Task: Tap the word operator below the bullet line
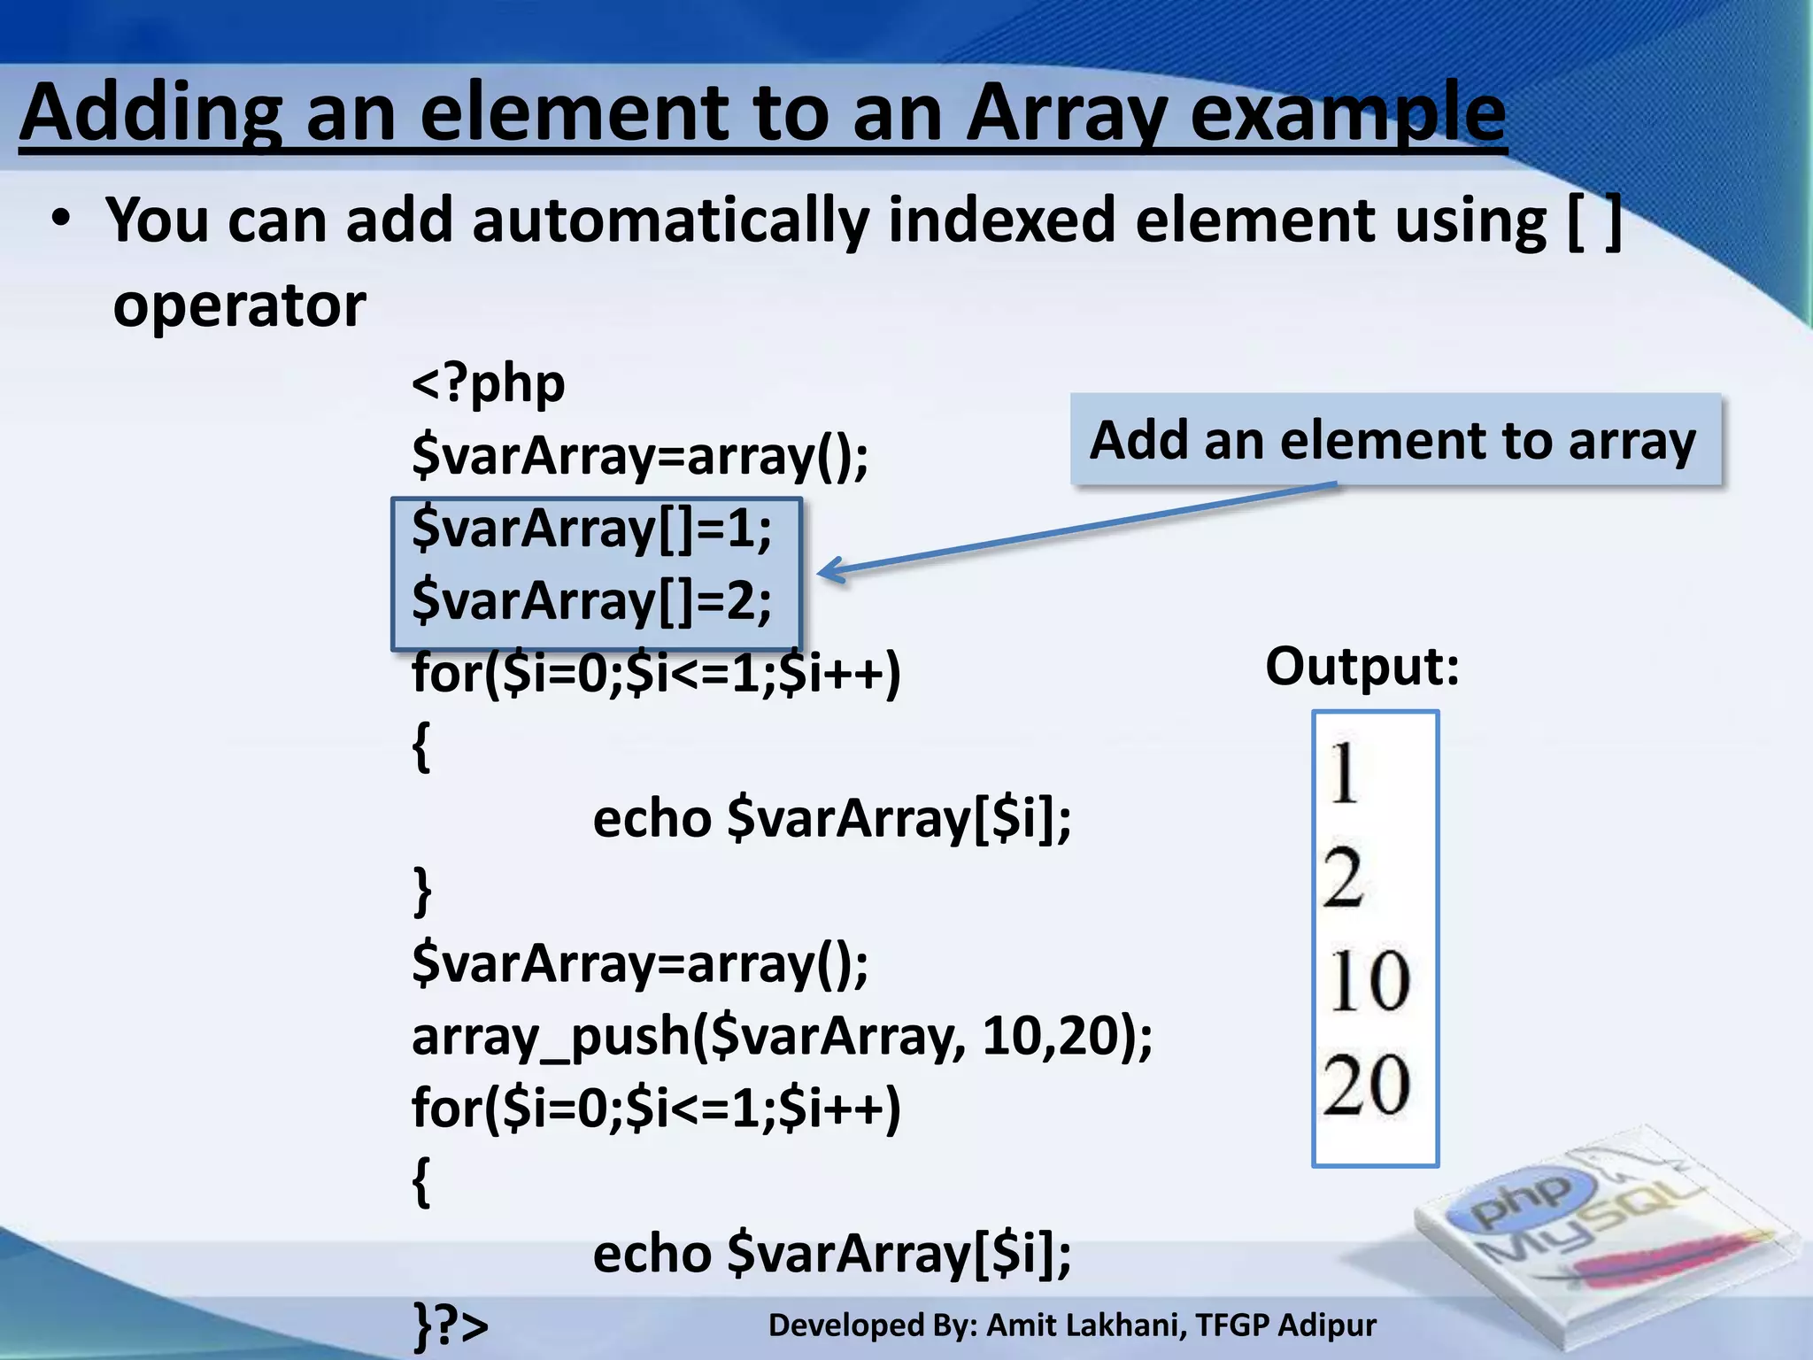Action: (239, 305)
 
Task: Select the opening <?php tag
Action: (488, 384)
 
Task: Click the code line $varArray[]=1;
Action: (591, 529)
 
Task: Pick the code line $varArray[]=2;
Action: (591, 602)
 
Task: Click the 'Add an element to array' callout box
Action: (1394, 440)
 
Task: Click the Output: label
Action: (1362, 666)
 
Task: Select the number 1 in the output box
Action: (1343, 773)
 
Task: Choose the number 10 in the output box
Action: (1368, 981)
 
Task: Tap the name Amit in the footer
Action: (1024, 1325)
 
